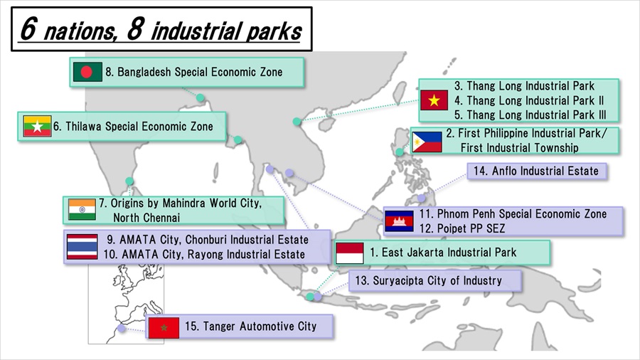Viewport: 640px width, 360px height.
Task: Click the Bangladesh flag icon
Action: point(87,72)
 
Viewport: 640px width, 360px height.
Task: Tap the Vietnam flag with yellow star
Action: point(434,100)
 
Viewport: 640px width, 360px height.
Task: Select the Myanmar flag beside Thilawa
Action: point(37,126)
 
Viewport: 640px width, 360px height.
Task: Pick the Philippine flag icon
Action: point(427,142)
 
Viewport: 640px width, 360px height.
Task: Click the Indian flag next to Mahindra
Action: point(82,209)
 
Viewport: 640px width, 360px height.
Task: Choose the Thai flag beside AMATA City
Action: point(82,247)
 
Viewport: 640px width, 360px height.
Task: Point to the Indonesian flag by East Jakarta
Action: point(349,253)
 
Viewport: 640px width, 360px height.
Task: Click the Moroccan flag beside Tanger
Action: point(164,327)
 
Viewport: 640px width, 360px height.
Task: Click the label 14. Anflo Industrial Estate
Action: point(536,171)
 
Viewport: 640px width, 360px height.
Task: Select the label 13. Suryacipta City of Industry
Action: point(428,281)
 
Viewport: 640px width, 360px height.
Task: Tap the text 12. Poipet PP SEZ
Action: point(462,228)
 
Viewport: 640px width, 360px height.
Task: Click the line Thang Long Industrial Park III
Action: point(530,115)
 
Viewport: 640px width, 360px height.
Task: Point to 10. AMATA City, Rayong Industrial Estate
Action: point(204,254)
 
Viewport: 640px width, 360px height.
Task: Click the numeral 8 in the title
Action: point(136,28)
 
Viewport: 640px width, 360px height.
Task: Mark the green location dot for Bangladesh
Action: point(200,98)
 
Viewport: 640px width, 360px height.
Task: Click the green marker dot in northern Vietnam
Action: point(297,121)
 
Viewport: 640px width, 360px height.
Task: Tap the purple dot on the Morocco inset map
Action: point(121,328)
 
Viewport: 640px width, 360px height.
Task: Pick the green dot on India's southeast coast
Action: point(129,181)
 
